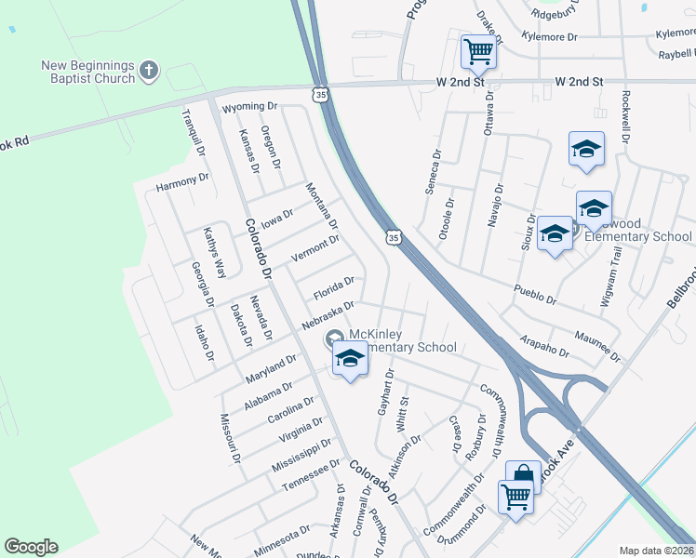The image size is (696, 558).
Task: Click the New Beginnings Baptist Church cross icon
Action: click(x=149, y=71)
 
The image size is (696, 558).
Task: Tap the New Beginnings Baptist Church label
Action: click(x=88, y=72)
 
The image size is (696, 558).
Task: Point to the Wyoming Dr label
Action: click(x=252, y=107)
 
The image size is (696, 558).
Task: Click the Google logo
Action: click(x=31, y=547)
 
